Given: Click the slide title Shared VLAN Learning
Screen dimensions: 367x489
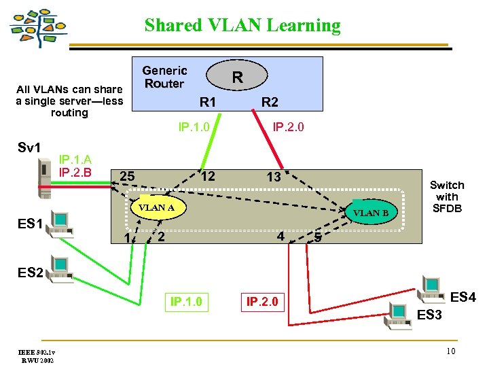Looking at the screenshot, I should pyautogui.click(x=242, y=26).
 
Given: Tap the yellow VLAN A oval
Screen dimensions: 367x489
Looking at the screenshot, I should pyautogui.click(x=157, y=207).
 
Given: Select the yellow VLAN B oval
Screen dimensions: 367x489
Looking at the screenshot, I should pyautogui.click(x=371, y=213).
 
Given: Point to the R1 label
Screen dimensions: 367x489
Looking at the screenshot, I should pyautogui.click(x=207, y=103).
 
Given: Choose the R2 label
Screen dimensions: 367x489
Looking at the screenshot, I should pyautogui.click(x=270, y=103).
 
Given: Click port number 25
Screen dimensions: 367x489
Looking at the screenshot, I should pyautogui.click(x=127, y=177).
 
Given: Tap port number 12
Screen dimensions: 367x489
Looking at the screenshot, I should pyautogui.click(x=209, y=177).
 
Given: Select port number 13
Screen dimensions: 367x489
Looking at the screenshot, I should pyautogui.click(x=273, y=177).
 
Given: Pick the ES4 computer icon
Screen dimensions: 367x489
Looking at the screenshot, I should pyautogui.click(x=432, y=285).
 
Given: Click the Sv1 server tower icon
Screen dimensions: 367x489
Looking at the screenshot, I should pyautogui.click(x=46, y=173).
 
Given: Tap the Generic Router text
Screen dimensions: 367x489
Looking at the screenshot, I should pyautogui.click(x=164, y=77).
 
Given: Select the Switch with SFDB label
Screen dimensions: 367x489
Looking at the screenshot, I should pyautogui.click(x=447, y=196).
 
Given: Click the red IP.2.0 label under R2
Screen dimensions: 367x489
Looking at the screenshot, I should pyautogui.click(x=288, y=126).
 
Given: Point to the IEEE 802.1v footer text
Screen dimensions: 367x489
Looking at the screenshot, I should pyautogui.click(x=37, y=351).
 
